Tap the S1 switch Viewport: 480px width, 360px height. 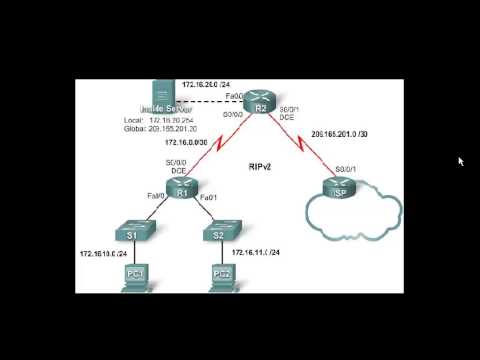pos(132,234)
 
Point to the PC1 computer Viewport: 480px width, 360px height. pos(133,277)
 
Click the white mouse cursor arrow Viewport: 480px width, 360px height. pos(461,161)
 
